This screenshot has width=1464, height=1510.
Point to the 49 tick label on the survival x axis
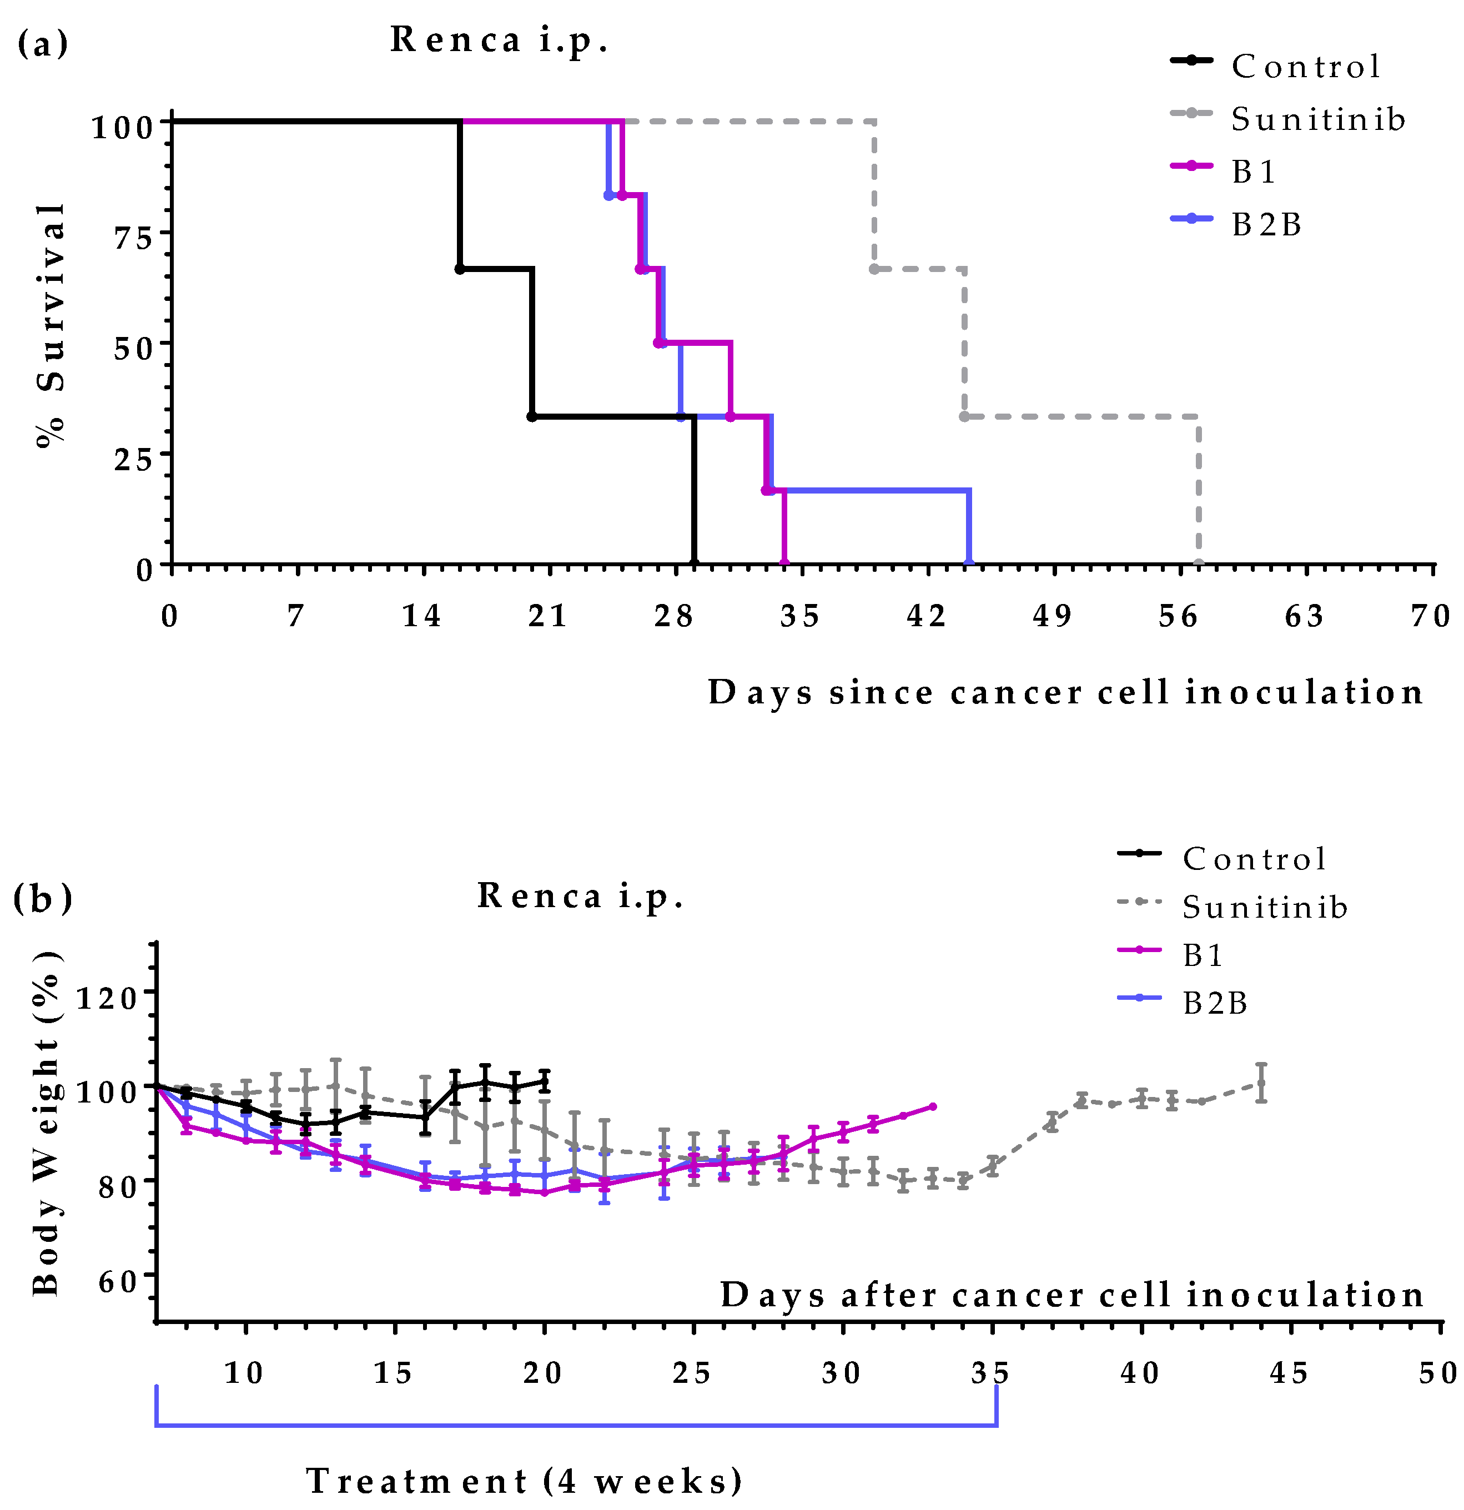(1053, 616)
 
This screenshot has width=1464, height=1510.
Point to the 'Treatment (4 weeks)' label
(524, 1480)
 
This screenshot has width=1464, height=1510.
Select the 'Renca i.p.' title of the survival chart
(499, 40)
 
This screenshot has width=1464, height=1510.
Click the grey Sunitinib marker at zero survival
(1198, 564)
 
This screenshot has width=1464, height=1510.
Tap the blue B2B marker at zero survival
(969, 564)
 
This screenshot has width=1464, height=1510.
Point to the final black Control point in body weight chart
(545, 1081)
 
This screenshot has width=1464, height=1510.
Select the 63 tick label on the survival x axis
(1304, 616)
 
